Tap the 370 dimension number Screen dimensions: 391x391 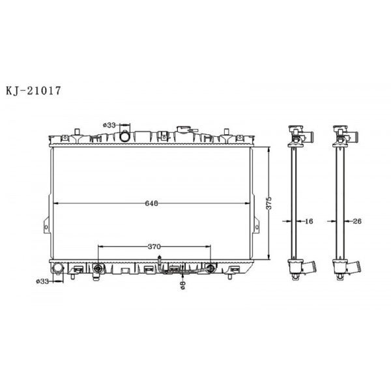(x=154, y=247)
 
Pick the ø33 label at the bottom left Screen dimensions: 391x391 (x=43, y=282)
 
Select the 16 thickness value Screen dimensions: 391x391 (x=309, y=222)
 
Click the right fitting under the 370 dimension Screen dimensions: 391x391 (x=210, y=267)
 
